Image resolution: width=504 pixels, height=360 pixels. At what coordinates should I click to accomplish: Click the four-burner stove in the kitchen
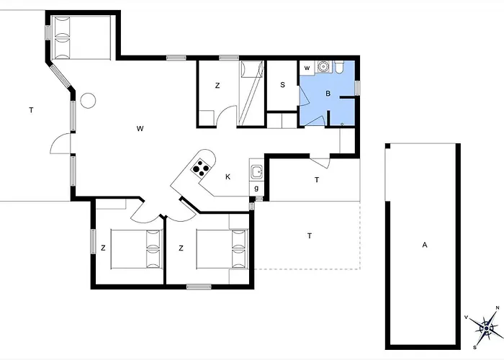201,168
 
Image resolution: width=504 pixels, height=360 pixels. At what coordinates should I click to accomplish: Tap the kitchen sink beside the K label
256,172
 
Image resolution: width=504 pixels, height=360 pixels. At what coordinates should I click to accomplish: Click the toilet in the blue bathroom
339,66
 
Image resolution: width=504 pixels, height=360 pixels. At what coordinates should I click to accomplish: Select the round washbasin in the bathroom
322,66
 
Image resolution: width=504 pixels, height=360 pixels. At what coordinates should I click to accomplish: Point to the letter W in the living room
140,129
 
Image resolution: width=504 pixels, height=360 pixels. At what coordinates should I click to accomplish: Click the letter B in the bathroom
328,94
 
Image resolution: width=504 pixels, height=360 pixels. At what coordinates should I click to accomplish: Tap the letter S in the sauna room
282,85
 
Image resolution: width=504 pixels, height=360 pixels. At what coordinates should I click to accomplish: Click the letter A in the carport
425,245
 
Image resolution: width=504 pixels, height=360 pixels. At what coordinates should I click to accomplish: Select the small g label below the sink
256,188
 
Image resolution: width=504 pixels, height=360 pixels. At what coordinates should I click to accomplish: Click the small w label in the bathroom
307,68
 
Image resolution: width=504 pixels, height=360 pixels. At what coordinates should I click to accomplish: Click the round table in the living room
88,101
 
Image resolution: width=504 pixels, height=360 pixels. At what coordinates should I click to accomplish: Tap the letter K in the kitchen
228,177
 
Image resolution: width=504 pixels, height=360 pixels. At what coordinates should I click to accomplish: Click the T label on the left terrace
31,110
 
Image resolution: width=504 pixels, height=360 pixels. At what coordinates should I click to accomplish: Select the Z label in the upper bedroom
217,86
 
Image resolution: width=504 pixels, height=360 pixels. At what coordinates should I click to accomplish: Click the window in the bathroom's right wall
357,88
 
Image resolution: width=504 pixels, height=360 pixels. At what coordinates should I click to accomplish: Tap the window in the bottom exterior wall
199,287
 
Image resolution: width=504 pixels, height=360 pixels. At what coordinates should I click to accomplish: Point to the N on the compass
498,307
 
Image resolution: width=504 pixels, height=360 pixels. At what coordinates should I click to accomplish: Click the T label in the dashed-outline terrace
310,236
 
